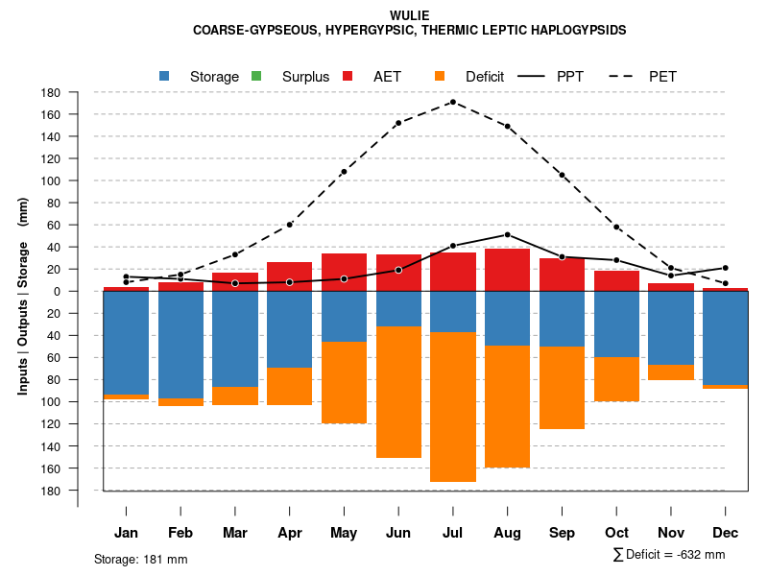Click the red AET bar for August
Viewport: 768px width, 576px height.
click(507, 270)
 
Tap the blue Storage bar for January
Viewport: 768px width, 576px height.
click(126, 342)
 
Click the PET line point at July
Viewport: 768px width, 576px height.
click(452, 102)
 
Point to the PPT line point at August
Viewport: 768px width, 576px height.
click(507, 234)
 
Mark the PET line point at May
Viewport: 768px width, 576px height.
click(344, 172)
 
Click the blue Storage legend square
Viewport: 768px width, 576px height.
click(164, 76)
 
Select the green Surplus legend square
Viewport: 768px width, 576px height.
click(256, 76)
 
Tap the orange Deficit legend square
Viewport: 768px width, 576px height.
click(440, 76)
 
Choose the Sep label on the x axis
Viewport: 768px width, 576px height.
click(562, 533)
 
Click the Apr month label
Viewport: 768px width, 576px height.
click(289, 533)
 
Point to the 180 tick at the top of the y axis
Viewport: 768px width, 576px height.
click(52, 92)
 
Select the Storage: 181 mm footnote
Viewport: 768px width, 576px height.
click(140, 559)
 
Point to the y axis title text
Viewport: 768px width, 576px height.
click(23, 291)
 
